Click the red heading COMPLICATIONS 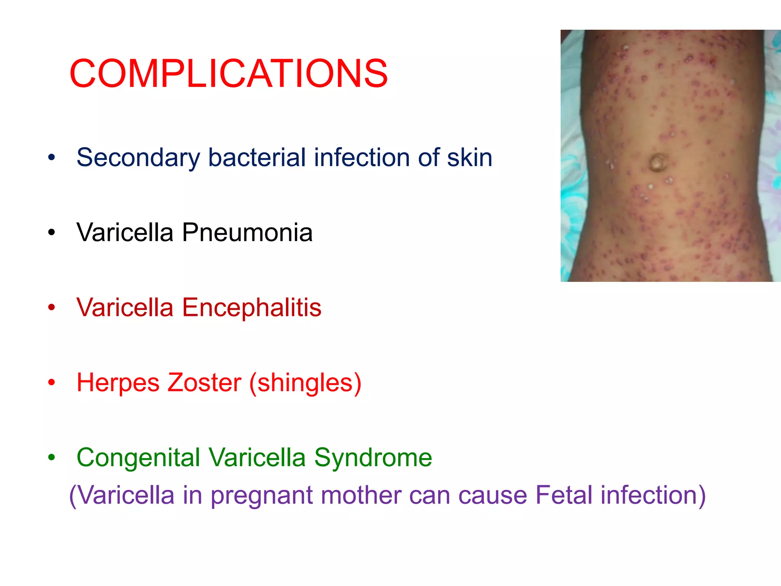click(229, 73)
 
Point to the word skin click(469, 157)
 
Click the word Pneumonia click(247, 232)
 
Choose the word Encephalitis click(252, 307)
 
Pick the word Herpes click(118, 383)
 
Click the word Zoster click(204, 382)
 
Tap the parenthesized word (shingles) click(305, 383)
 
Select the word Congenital click(138, 458)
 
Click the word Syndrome click(373, 458)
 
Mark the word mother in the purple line click(361, 495)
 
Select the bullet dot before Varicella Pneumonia click(52, 232)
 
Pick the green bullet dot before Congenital click(52, 457)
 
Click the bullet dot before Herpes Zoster click(52, 383)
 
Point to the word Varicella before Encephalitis click(125, 307)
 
